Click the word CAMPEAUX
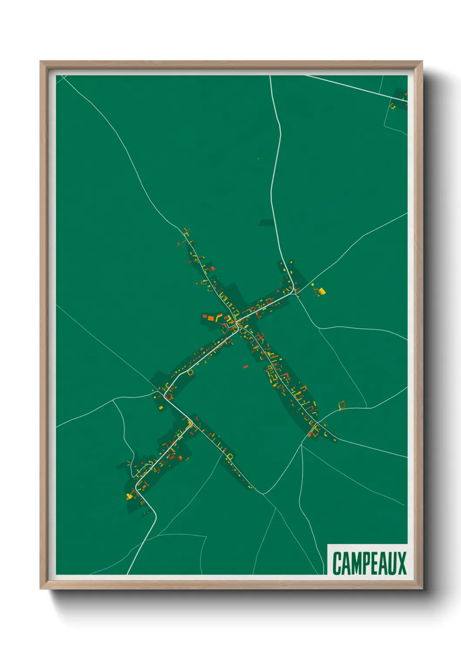[x=369, y=563]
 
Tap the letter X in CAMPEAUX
[x=401, y=563]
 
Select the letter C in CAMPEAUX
[x=337, y=563]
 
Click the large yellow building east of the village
[x=322, y=291]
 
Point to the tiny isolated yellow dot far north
[x=258, y=158]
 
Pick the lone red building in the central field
[x=245, y=367]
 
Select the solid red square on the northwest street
[x=213, y=268]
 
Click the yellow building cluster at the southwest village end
[x=129, y=495]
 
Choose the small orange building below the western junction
[x=160, y=408]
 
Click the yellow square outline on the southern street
[x=230, y=457]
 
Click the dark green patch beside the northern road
[x=267, y=223]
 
